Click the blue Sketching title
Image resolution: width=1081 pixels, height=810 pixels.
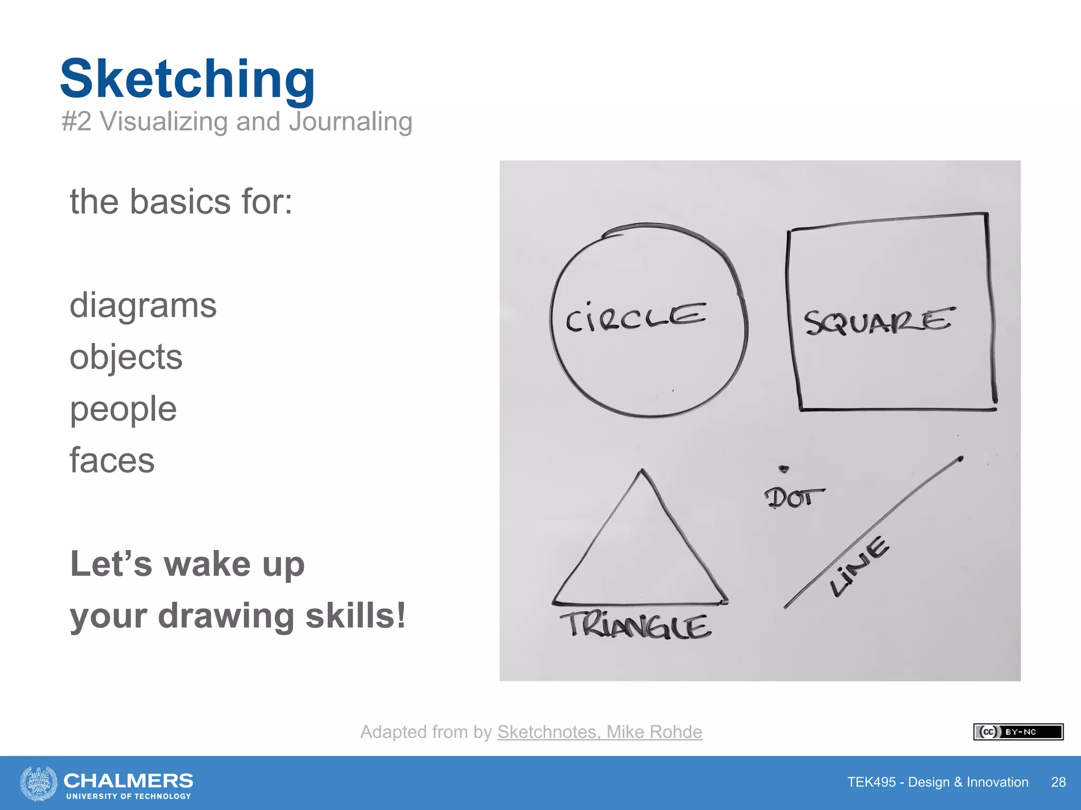[187, 79]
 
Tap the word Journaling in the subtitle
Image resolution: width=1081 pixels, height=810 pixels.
[350, 121]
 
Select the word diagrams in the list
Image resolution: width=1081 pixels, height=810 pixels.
[143, 306]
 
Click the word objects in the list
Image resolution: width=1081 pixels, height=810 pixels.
[126, 358]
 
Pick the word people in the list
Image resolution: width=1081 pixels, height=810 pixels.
[123, 409]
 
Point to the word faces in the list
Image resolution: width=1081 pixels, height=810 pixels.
[112, 460]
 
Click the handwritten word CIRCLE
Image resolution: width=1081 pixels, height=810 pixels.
[636, 316]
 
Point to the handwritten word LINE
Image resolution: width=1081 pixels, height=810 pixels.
[860, 566]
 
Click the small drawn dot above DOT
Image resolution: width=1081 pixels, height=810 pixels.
[784, 469]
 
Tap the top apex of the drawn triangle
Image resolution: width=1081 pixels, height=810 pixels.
[642, 471]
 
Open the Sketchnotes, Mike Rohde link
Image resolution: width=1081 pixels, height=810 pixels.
[600, 732]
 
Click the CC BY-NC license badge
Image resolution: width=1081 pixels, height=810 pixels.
[1018, 732]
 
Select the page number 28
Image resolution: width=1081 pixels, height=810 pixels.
[1058, 782]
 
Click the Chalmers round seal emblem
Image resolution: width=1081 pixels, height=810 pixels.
[39, 783]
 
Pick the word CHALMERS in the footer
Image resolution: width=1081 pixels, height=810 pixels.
[128, 780]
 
